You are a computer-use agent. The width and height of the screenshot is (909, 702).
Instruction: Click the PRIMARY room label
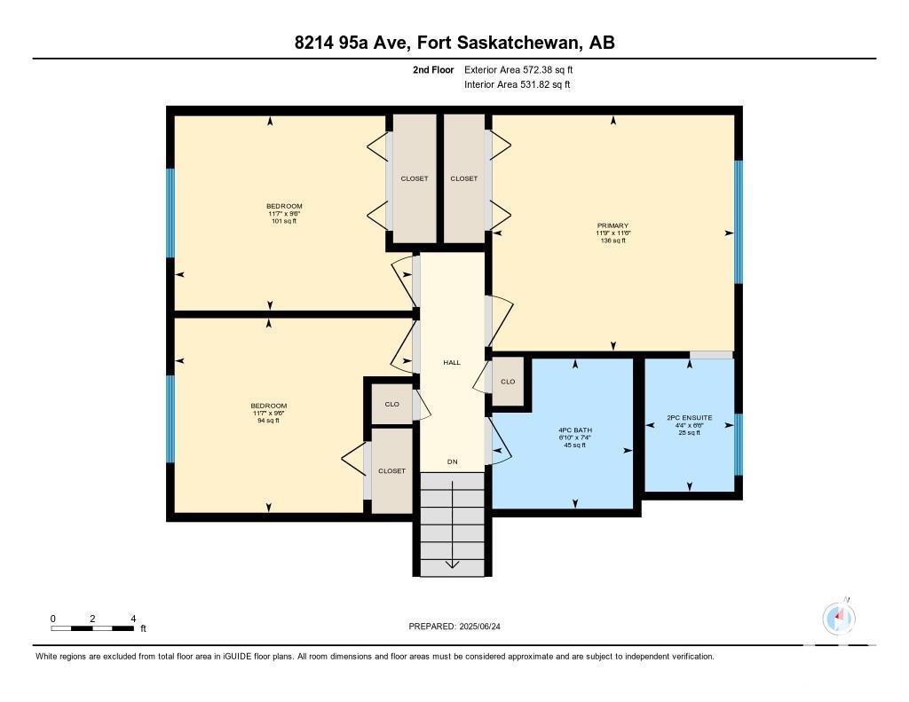tap(613, 225)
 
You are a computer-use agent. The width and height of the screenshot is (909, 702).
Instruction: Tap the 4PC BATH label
tap(575, 430)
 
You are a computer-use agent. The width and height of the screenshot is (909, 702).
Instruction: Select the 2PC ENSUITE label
tap(689, 417)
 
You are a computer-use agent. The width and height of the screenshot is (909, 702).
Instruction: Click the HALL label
tap(452, 362)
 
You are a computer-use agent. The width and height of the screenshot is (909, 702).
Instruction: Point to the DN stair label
tap(452, 461)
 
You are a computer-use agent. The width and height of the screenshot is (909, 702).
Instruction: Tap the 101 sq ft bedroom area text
tap(284, 221)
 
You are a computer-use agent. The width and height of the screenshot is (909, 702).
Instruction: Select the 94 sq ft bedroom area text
tap(268, 421)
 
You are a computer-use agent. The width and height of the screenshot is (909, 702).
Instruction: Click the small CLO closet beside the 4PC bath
tap(508, 382)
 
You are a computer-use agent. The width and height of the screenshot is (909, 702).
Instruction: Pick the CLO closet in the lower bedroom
tap(391, 404)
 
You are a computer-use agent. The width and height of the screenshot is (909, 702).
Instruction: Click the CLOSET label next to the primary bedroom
tap(463, 178)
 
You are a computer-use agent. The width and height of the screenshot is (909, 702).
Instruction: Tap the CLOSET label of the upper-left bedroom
tap(415, 178)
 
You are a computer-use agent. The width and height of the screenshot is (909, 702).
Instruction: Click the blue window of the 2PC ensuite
tap(739, 445)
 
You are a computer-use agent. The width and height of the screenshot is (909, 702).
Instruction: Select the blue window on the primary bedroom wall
tap(739, 222)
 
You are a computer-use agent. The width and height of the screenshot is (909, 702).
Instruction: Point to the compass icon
tap(839, 618)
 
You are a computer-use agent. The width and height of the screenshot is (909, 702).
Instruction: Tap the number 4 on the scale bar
tap(133, 619)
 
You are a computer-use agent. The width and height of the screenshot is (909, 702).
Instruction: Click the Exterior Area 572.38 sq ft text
tap(518, 69)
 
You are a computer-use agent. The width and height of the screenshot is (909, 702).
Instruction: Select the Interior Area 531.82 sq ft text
tap(518, 84)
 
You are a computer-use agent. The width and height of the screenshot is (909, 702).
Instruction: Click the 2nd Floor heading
tap(433, 69)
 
